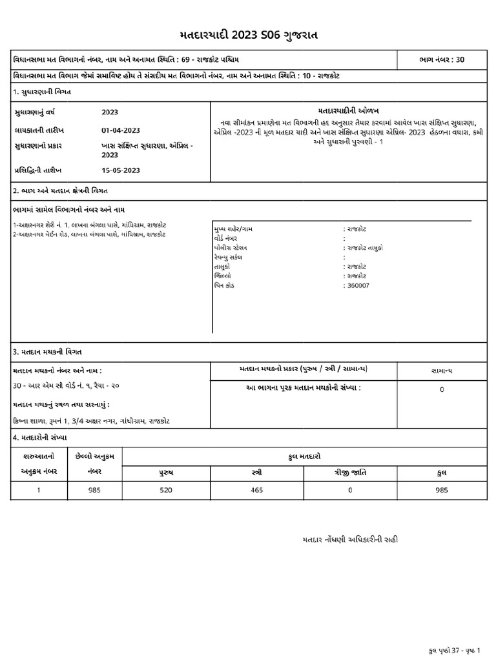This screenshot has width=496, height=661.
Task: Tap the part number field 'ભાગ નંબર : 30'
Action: [441, 60]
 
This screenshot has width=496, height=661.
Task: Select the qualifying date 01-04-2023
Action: [121, 130]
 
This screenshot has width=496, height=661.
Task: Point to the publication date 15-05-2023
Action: [121, 170]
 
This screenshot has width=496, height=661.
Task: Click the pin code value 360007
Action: [358, 285]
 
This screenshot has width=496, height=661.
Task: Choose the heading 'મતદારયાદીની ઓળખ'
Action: [348, 111]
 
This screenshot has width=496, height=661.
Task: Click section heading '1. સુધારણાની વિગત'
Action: [42, 92]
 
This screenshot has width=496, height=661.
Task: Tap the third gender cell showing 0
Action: [351, 490]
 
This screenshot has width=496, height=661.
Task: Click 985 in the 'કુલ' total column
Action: [442, 490]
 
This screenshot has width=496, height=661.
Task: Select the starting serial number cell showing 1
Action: [39, 490]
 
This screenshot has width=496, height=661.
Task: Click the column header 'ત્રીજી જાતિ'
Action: [351, 473]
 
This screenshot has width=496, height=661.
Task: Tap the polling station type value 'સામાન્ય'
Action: [442, 371]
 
